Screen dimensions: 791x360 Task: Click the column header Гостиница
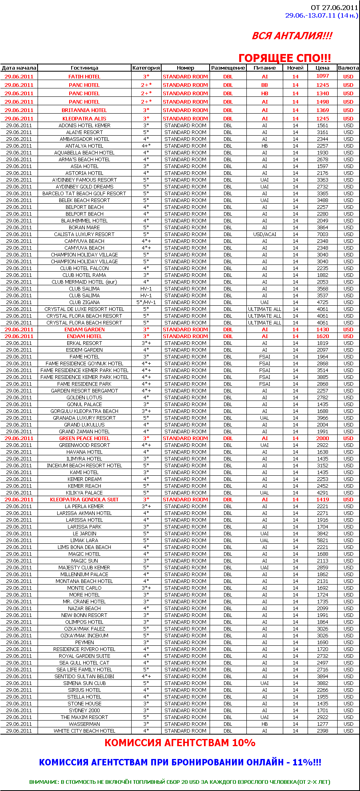(84, 68)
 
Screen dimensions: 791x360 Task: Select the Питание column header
(264, 68)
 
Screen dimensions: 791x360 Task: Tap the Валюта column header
(348, 68)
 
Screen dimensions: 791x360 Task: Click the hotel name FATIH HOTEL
(84, 76)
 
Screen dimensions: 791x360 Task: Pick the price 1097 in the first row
(322, 76)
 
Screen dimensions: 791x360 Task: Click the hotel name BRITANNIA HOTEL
(84, 110)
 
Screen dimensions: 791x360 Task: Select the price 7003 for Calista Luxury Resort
(322, 234)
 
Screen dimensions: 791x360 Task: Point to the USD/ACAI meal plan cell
(264, 234)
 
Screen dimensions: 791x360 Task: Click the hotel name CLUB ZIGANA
(84, 302)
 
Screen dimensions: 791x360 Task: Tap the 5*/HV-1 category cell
(146, 302)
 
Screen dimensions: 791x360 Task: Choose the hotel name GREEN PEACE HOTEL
(84, 439)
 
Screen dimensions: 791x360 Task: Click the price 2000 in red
(322, 439)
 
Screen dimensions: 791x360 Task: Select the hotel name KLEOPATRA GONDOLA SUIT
(84, 500)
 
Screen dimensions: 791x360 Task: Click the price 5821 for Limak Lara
(322, 541)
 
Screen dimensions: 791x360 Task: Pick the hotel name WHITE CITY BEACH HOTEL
(84, 731)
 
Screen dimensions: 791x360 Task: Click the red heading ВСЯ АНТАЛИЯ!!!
(292, 36)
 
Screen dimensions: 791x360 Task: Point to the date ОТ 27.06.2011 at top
(334, 8)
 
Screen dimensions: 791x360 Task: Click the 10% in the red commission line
(244, 743)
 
